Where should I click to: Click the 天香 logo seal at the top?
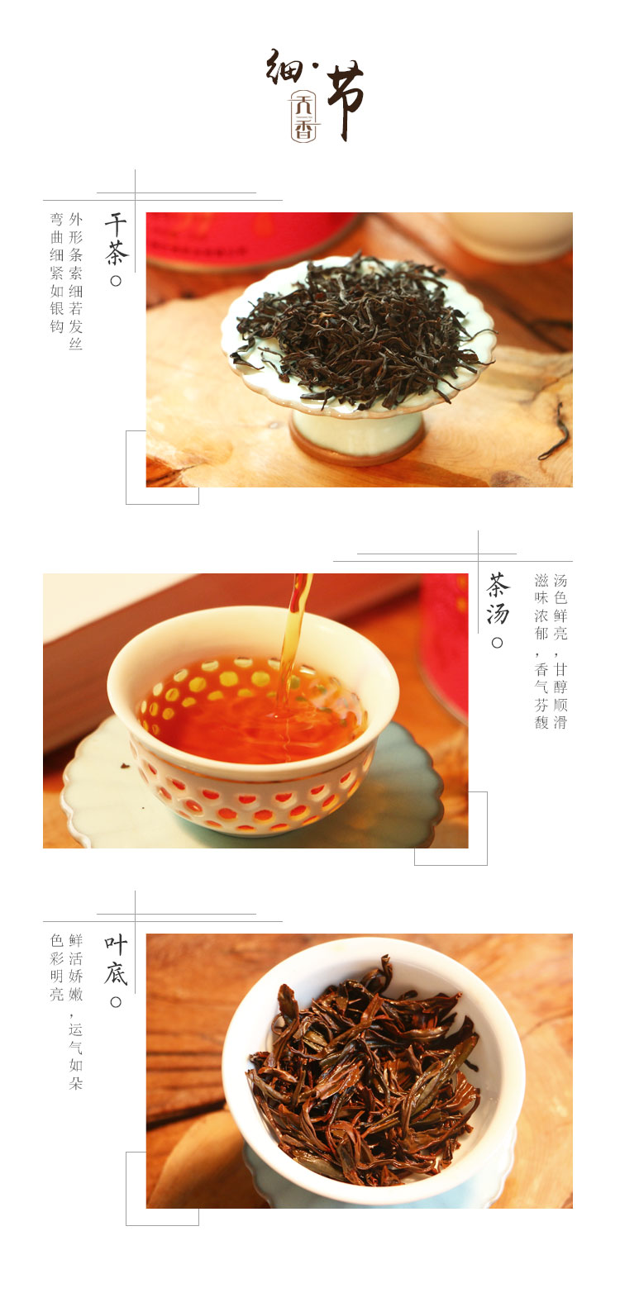(303, 116)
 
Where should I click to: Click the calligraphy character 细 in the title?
(285, 67)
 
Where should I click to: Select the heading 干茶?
(116, 240)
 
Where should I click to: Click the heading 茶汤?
(498, 599)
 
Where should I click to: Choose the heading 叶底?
(116, 960)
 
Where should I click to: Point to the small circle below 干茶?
(116, 281)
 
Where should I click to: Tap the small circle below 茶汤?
(498, 643)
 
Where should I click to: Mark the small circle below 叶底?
(116, 1002)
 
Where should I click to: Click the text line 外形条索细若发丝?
(76, 281)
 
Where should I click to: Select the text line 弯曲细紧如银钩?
(57, 273)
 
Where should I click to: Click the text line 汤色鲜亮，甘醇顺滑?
(560, 651)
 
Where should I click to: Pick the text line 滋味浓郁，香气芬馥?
(541, 651)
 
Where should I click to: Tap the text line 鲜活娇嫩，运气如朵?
(76, 1012)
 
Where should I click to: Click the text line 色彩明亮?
(57, 967)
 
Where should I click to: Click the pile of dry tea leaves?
(360, 330)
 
